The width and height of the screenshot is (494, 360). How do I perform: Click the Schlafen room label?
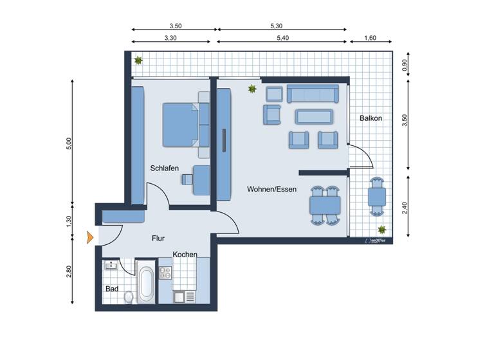[x=164, y=168]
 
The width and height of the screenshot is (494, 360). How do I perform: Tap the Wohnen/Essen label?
[x=271, y=189]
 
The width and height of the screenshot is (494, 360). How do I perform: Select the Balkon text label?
[x=371, y=118]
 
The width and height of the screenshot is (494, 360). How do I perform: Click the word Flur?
[x=158, y=238]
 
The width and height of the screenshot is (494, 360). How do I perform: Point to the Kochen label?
[x=185, y=255]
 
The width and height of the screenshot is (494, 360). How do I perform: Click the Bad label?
[x=112, y=289]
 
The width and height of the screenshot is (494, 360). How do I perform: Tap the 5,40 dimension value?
[x=282, y=38]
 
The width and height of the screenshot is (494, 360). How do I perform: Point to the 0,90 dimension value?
[x=404, y=64]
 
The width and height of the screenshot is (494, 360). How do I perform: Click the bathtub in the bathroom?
[x=146, y=283]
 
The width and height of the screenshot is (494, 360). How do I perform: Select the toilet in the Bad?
[x=129, y=296]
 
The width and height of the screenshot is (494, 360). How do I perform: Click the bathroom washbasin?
[x=112, y=264]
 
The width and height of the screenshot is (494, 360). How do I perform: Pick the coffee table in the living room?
[x=315, y=116]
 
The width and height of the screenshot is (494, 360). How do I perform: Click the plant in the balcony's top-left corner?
[x=138, y=60]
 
